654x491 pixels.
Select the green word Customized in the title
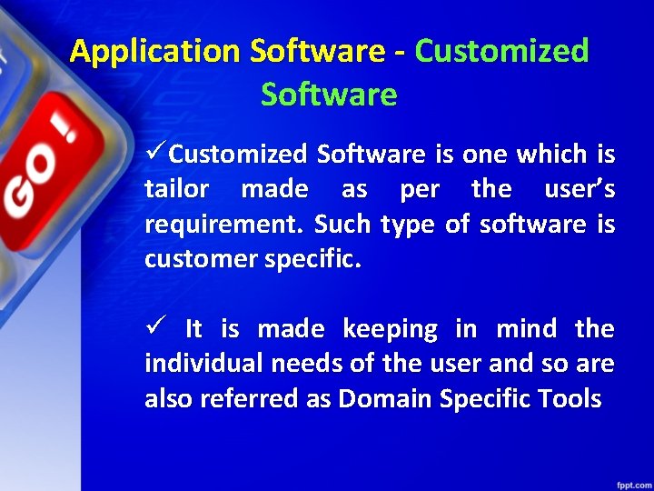[501, 51]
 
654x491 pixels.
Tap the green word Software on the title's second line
[329, 95]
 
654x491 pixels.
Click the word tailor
[177, 189]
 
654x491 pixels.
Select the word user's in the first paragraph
[579, 189]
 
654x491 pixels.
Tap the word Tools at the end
[569, 398]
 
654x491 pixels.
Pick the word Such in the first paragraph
[344, 225]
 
